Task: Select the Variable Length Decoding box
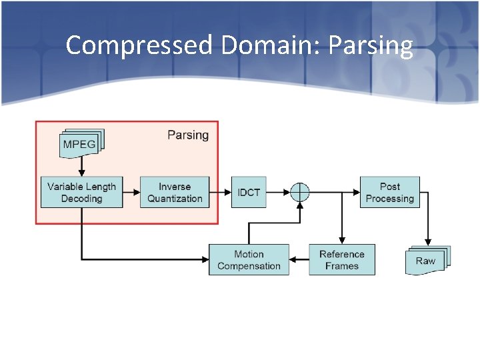pyautogui.click(x=81, y=192)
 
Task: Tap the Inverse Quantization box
pyautogui.click(x=175, y=192)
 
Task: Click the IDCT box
pyautogui.click(x=249, y=192)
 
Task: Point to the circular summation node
pyautogui.click(x=300, y=192)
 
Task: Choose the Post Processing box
pyautogui.click(x=390, y=192)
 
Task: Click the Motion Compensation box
pyautogui.click(x=249, y=259)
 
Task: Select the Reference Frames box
pyautogui.click(x=342, y=259)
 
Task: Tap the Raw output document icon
pyautogui.click(x=427, y=260)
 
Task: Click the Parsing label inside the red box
pyautogui.click(x=188, y=135)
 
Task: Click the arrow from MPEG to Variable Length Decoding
pyautogui.click(x=82, y=168)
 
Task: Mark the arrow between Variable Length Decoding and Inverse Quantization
pyautogui.click(x=131, y=192)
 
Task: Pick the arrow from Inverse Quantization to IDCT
pyautogui.click(x=225, y=192)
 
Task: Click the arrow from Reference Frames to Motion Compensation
pyautogui.click(x=299, y=259)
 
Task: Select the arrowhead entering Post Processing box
pyautogui.click(x=356, y=192)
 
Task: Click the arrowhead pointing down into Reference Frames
pyautogui.click(x=342, y=240)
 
